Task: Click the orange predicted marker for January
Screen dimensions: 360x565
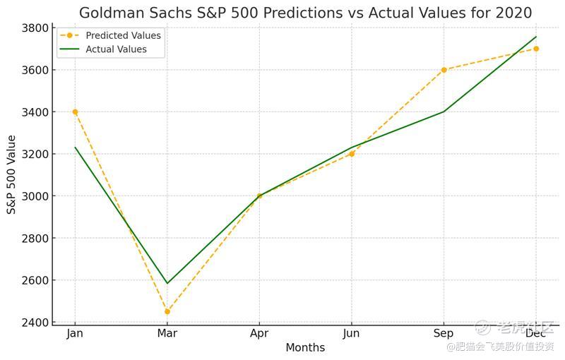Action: click(75, 112)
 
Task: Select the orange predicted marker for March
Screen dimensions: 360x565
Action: click(167, 311)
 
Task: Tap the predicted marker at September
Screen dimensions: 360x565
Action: click(444, 70)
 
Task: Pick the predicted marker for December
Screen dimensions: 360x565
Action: click(536, 49)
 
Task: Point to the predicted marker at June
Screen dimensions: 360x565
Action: click(352, 154)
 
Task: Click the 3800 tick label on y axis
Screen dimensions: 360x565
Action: click(35, 28)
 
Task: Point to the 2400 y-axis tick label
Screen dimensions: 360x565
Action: click(35, 323)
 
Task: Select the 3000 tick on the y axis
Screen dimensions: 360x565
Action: click(35, 196)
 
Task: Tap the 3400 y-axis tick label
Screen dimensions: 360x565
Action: click(35, 112)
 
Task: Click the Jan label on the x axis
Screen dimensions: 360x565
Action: click(75, 333)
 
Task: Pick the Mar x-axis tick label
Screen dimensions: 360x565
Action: click(167, 333)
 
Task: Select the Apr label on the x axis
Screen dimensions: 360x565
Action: click(259, 333)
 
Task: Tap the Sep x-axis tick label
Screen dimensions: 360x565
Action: click(444, 333)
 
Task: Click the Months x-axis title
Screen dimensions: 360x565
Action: click(305, 347)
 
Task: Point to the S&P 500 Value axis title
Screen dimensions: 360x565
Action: click(12, 174)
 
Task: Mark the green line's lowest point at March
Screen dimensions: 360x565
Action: click(167, 284)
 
